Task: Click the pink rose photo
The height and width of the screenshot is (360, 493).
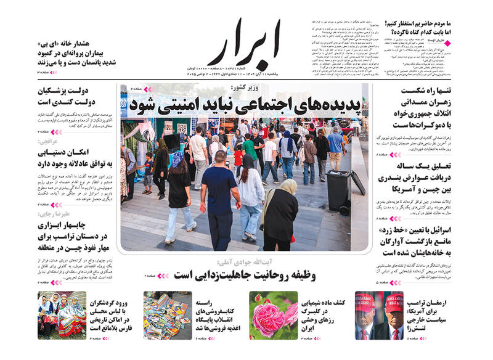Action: (x=273, y=314)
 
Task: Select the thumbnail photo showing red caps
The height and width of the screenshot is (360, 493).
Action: (x=378, y=314)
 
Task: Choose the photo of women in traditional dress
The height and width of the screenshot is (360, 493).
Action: (x=62, y=314)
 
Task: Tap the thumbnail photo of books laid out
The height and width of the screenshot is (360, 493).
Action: (x=168, y=314)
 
